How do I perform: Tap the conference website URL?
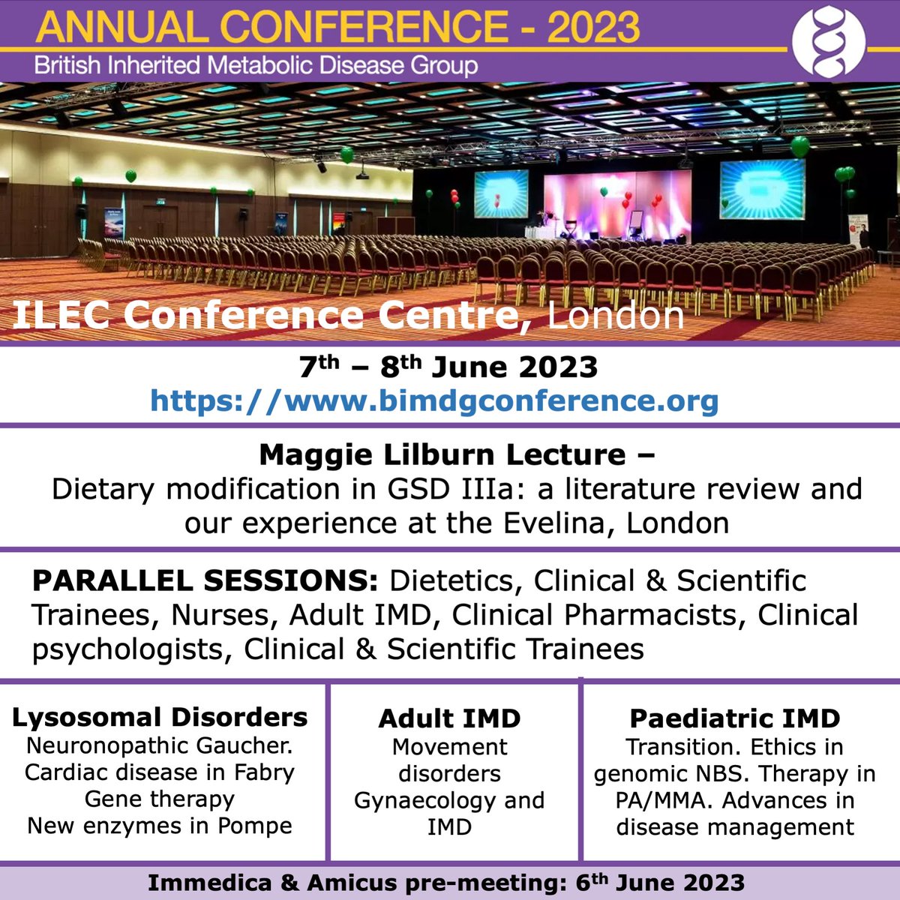(x=434, y=400)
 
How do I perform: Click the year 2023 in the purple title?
(x=593, y=27)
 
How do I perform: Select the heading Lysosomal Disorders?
(x=160, y=717)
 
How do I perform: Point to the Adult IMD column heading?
(x=449, y=718)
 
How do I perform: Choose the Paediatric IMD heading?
(x=735, y=718)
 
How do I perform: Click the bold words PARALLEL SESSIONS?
(x=205, y=581)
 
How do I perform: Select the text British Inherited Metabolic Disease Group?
(x=256, y=65)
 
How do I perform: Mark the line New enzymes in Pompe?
(x=160, y=826)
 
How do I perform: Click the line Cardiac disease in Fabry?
(x=160, y=772)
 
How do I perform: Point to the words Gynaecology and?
(x=449, y=800)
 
